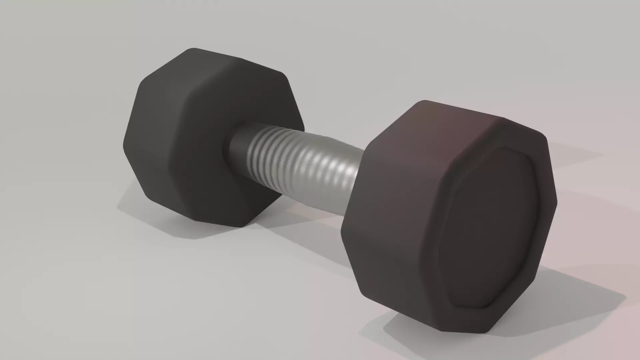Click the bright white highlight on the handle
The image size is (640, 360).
pyautogui.click(x=347, y=174)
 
